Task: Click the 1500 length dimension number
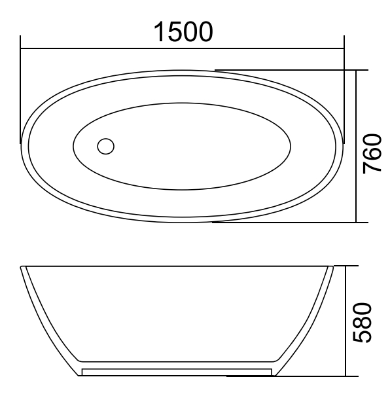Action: point(183,31)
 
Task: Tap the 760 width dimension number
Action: point(372,153)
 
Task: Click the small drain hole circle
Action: point(105,145)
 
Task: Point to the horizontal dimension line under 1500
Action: point(183,48)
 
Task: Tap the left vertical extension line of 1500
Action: point(20,92)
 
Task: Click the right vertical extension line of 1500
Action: point(344,92)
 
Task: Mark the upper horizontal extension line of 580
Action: point(347,266)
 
